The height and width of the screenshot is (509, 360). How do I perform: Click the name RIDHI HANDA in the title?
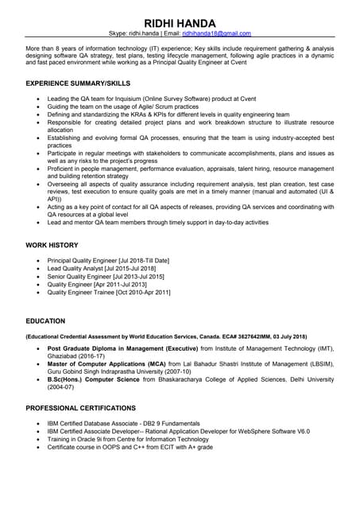pyautogui.click(x=180, y=21)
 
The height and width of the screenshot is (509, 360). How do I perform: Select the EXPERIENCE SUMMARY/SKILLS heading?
pyautogui.click(x=78, y=83)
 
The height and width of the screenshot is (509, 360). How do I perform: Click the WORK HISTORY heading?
pyautogui.click(x=52, y=245)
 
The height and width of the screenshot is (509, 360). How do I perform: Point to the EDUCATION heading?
pyautogui.click(x=46, y=321)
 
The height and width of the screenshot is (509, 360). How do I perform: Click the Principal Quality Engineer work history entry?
pyautogui.click(x=108, y=261)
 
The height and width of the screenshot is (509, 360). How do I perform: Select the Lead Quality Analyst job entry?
pyautogui.click(x=102, y=269)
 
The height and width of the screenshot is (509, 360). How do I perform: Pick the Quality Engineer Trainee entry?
pyautogui.click(x=109, y=292)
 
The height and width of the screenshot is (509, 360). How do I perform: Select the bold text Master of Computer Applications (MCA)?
pyautogui.click(x=119, y=363)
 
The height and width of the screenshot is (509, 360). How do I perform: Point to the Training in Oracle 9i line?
pyautogui.click(x=128, y=439)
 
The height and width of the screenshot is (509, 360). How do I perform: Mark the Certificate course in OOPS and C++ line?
pyautogui.click(x=130, y=447)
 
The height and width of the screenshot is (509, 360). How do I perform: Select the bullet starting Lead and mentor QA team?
pyautogui.click(x=157, y=223)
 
